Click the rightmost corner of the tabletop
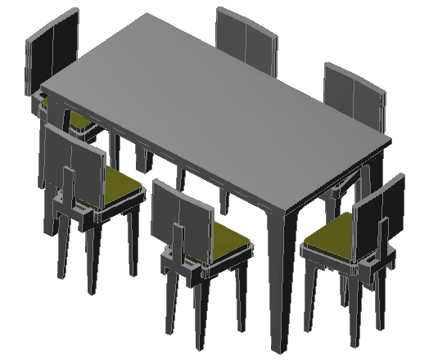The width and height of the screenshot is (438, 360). click(x=390, y=139)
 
